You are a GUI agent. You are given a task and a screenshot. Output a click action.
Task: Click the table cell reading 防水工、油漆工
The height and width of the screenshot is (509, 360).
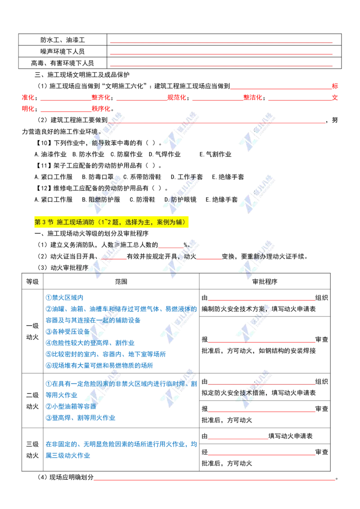click(63, 40)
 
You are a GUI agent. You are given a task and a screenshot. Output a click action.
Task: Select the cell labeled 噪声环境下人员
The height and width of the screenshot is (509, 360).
click(63, 51)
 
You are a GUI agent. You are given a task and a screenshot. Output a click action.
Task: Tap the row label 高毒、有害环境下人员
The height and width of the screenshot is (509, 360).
click(63, 63)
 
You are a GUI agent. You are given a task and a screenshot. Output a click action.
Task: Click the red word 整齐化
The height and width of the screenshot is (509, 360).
click(101, 98)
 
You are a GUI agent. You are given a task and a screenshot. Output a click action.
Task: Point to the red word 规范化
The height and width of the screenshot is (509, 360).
click(177, 98)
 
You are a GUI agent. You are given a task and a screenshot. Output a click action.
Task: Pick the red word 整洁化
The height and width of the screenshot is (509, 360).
click(253, 98)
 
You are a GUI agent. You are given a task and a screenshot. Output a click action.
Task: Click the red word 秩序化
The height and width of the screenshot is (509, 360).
click(101, 109)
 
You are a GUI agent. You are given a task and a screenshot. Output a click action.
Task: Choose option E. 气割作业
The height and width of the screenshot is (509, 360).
click(216, 154)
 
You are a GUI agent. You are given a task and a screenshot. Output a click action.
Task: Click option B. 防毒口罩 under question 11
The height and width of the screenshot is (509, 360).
click(98, 177)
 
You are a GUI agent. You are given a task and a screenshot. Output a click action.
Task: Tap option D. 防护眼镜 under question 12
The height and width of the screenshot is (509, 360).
click(180, 200)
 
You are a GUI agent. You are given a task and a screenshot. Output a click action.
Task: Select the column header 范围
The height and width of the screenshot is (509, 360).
click(121, 281)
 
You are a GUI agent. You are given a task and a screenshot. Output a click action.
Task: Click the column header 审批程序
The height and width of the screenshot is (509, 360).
click(265, 281)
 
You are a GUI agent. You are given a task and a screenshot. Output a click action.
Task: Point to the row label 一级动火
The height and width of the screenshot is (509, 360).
click(32, 331)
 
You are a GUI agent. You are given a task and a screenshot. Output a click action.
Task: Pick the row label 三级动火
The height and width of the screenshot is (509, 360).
click(32, 450)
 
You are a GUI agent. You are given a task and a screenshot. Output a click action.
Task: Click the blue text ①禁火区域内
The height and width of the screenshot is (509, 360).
click(64, 297)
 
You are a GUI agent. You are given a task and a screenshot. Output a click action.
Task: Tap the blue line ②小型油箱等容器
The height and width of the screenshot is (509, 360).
click(71, 406)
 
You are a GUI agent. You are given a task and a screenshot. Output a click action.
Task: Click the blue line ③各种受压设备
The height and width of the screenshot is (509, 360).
click(67, 331)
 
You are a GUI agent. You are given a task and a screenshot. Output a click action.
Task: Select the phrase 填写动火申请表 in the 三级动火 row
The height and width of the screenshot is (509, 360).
click(290, 436)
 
